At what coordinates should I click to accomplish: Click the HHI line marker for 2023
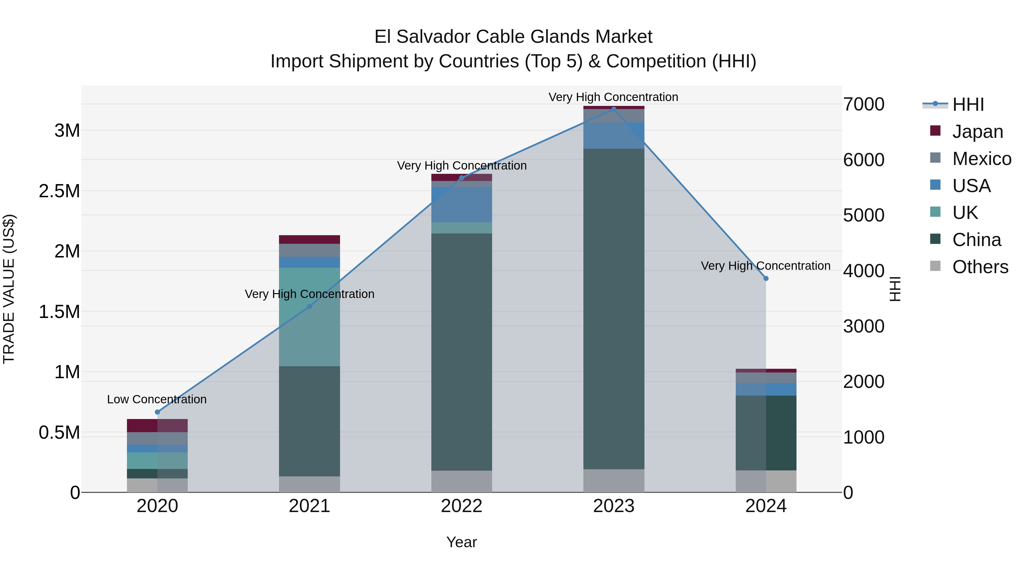click(x=614, y=109)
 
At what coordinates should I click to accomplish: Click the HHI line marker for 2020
click(x=157, y=412)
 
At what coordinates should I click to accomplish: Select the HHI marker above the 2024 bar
click(x=766, y=278)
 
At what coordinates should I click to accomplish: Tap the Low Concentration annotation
click(x=157, y=399)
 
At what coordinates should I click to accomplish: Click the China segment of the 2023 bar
click(x=614, y=309)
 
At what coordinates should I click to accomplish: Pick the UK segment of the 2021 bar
click(x=309, y=317)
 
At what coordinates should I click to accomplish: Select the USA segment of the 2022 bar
click(x=462, y=204)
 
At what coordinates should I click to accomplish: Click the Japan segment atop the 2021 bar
click(x=309, y=239)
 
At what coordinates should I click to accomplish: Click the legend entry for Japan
click(x=977, y=132)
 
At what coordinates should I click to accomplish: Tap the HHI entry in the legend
click(x=968, y=104)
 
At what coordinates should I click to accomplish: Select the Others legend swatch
click(x=935, y=266)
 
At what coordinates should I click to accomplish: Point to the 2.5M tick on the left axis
click(x=59, y=191)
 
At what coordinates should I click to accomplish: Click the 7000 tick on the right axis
click(x=864, y=104)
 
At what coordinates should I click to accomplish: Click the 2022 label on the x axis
click(x=462, y=506)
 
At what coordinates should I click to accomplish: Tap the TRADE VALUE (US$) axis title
click(x=9, y=289)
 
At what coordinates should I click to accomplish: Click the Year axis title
click(x=462, y=542)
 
